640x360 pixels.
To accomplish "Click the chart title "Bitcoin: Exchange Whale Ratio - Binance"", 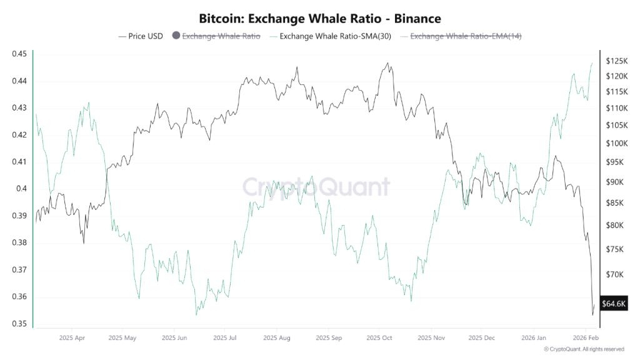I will pyautogui.click(x=319, y=19).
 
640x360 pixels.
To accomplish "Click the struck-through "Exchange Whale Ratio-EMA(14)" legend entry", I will pyautogui.click(x=465, y=36).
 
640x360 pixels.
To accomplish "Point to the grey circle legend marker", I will pyautogui.click(x=176, y=36).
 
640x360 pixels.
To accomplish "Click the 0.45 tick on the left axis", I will pyautogui.click(x=19, y=54).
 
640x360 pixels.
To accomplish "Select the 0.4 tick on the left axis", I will pyautogui.click(x=21, y=189).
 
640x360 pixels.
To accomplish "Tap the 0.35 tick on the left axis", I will pyautogui.click(x=19, y=324).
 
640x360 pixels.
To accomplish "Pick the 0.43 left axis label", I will pyautogui.click(x=19, y=108).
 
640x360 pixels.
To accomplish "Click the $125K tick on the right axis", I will pyautogui.click(x=616, y=61).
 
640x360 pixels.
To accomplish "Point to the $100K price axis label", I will pyautogui.click(x=616, y=143).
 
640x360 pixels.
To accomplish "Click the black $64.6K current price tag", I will pyautogui.click(x=614, y=304).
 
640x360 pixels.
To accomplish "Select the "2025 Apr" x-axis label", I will pyautogui.click(x=72, y=337).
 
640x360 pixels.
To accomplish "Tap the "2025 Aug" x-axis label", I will pyautogui.click(x=277, y=337).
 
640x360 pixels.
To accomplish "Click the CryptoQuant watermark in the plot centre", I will pyautogui.click(x=316, y=187).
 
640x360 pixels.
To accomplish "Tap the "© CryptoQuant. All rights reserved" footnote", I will pyautogui.click(x=583, y=349).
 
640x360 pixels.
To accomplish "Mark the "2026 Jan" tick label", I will pyautogui.click(x=536, y=337).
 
